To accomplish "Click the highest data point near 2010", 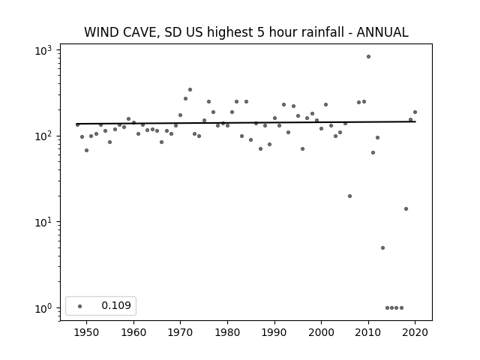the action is pyautogui.click(x=368, y=57).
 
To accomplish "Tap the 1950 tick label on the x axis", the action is pyautogui.click(x=87, y=333).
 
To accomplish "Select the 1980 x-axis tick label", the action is pyautogui.click(x=227, y=333).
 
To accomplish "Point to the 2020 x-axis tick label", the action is pyautogui.click(x=415, y=333).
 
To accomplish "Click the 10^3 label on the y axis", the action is pyautogui.click(x=43, y=50).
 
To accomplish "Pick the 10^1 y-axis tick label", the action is pyautogui.click(x=43, y=222).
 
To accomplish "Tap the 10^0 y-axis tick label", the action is pyautogui.click(x=43, y=308).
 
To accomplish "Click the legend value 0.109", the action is pyautogui.click(x=116, y=305).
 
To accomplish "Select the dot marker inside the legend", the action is pyautogui.click(x=80, y=306).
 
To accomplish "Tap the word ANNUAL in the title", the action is pyautogui.click(x=382, y=32).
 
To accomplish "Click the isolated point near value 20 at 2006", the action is pyautogui.click(x=350, y=196).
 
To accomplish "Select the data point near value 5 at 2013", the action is pyautogui.click(x=382, y=248).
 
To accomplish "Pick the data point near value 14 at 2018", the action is pyautogui.click(x=406, y=209).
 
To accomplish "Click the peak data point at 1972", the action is pyautogui.click(x=190, y=90).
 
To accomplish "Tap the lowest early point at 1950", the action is pyautogui.click(x=87, y=150).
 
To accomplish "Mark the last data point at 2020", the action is pyautogui.click(x=415, y=112).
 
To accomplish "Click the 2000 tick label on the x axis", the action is pyautogui.click(x=322, y=333).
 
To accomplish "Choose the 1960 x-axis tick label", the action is pyautogui.click(x=133, y=333).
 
